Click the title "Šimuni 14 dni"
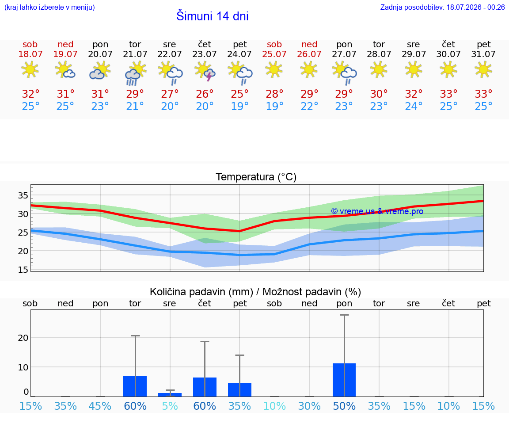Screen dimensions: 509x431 [212, 16]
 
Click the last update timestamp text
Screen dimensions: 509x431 [442, 7]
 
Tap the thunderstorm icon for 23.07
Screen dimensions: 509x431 [205, 71]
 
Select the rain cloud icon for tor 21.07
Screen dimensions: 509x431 [135, 74]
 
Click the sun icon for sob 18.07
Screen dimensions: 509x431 [30, 70]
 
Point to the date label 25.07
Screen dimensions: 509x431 [274, 54]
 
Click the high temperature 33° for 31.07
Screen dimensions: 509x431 [483, 94]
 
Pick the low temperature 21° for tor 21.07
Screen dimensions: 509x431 [135, 106]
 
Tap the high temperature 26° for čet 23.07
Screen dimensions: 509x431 [205, 94]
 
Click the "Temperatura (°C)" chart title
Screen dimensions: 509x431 [256, 177]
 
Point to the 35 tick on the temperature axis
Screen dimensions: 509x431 [23, 195]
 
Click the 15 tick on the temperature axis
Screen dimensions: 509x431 [23, 270]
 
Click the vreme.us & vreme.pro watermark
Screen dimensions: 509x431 [377, 211]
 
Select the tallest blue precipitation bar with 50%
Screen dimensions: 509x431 [344, 380]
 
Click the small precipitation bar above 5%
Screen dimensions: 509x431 [170, 395]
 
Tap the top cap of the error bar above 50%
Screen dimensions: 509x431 [345, 315]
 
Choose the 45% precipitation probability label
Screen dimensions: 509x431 [100, 406]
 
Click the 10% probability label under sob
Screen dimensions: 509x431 [274, 406]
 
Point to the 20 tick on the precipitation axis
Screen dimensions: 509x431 [23, 338]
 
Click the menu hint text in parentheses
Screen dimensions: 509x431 [49, 7]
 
